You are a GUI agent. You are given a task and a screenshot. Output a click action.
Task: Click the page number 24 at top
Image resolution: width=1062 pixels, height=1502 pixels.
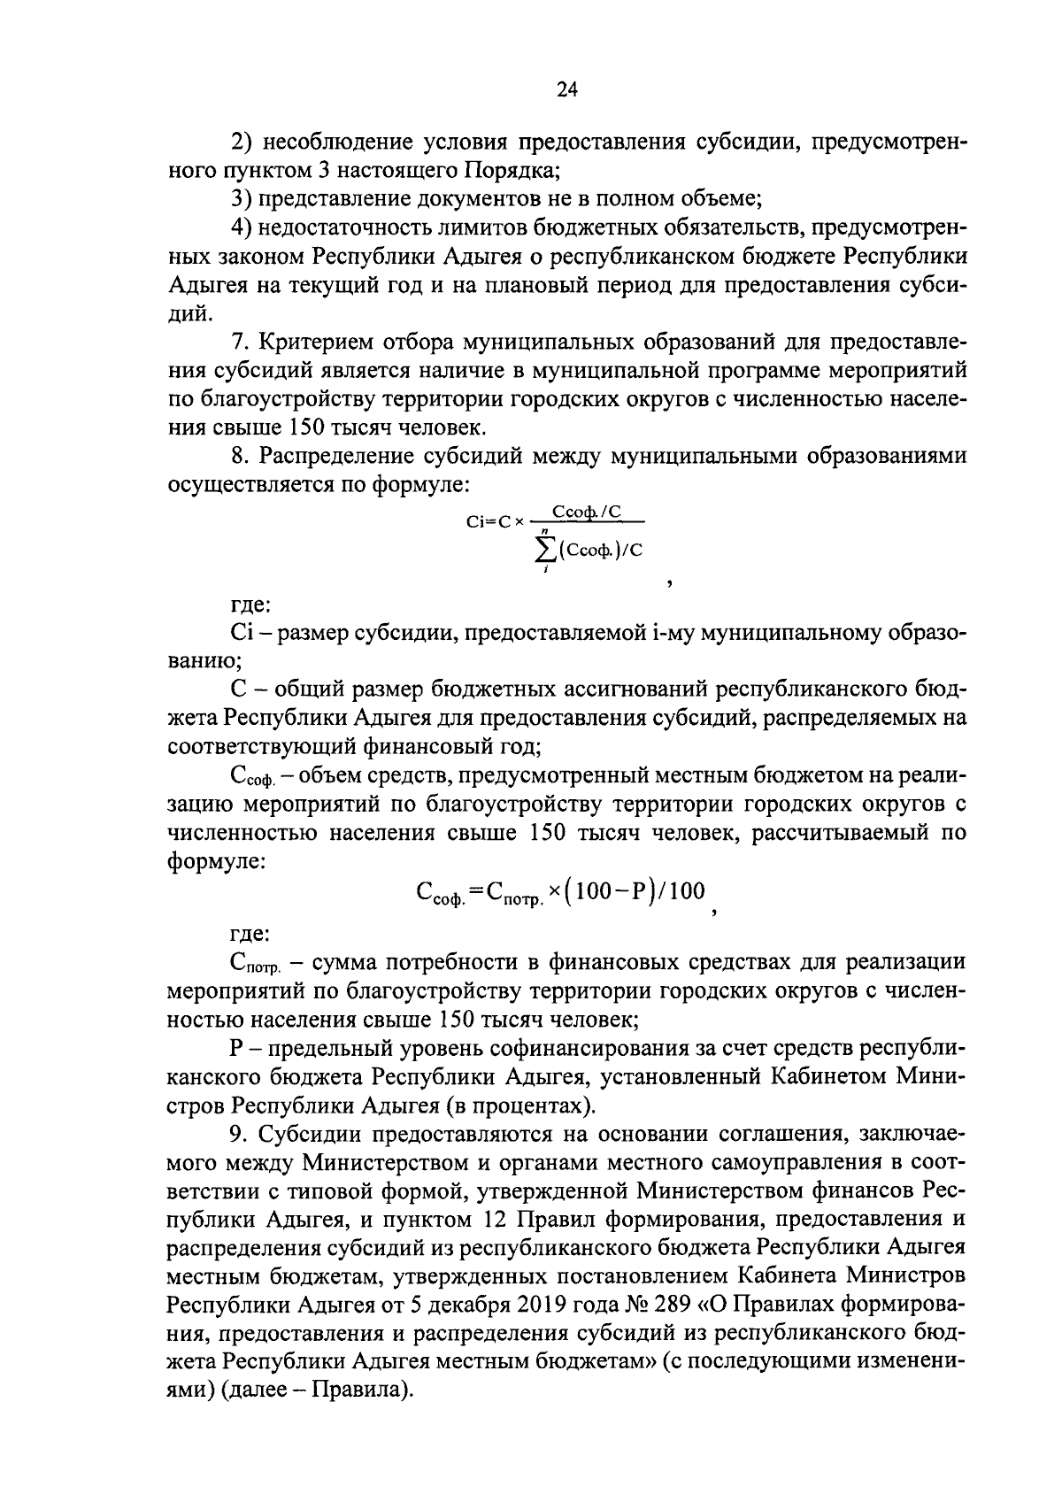coord(567,89)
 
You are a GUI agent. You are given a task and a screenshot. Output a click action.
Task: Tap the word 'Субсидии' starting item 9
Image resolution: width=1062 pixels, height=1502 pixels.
coord(310,1135)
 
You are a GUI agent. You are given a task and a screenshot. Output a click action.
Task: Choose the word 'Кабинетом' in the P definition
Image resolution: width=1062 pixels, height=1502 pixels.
coord(829,1077)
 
